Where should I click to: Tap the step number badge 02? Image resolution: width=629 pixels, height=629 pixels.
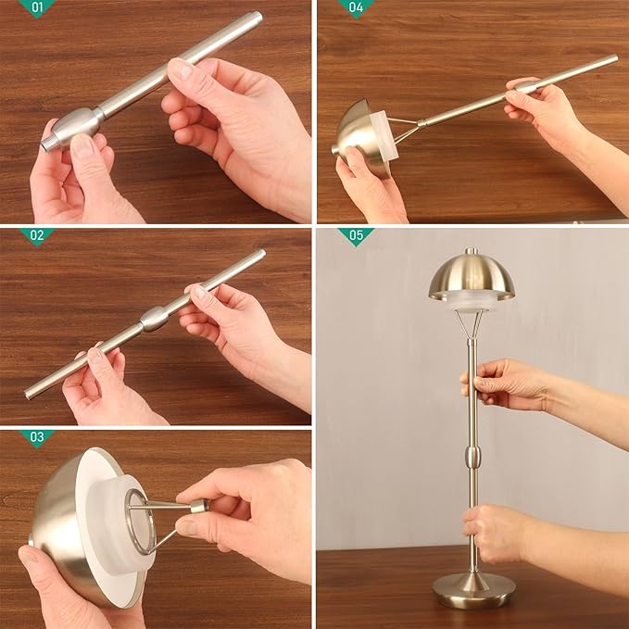coord(36,236)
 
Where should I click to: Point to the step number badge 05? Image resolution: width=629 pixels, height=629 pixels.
coord(356,236)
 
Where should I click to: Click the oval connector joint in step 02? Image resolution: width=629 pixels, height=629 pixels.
coord(154,320)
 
